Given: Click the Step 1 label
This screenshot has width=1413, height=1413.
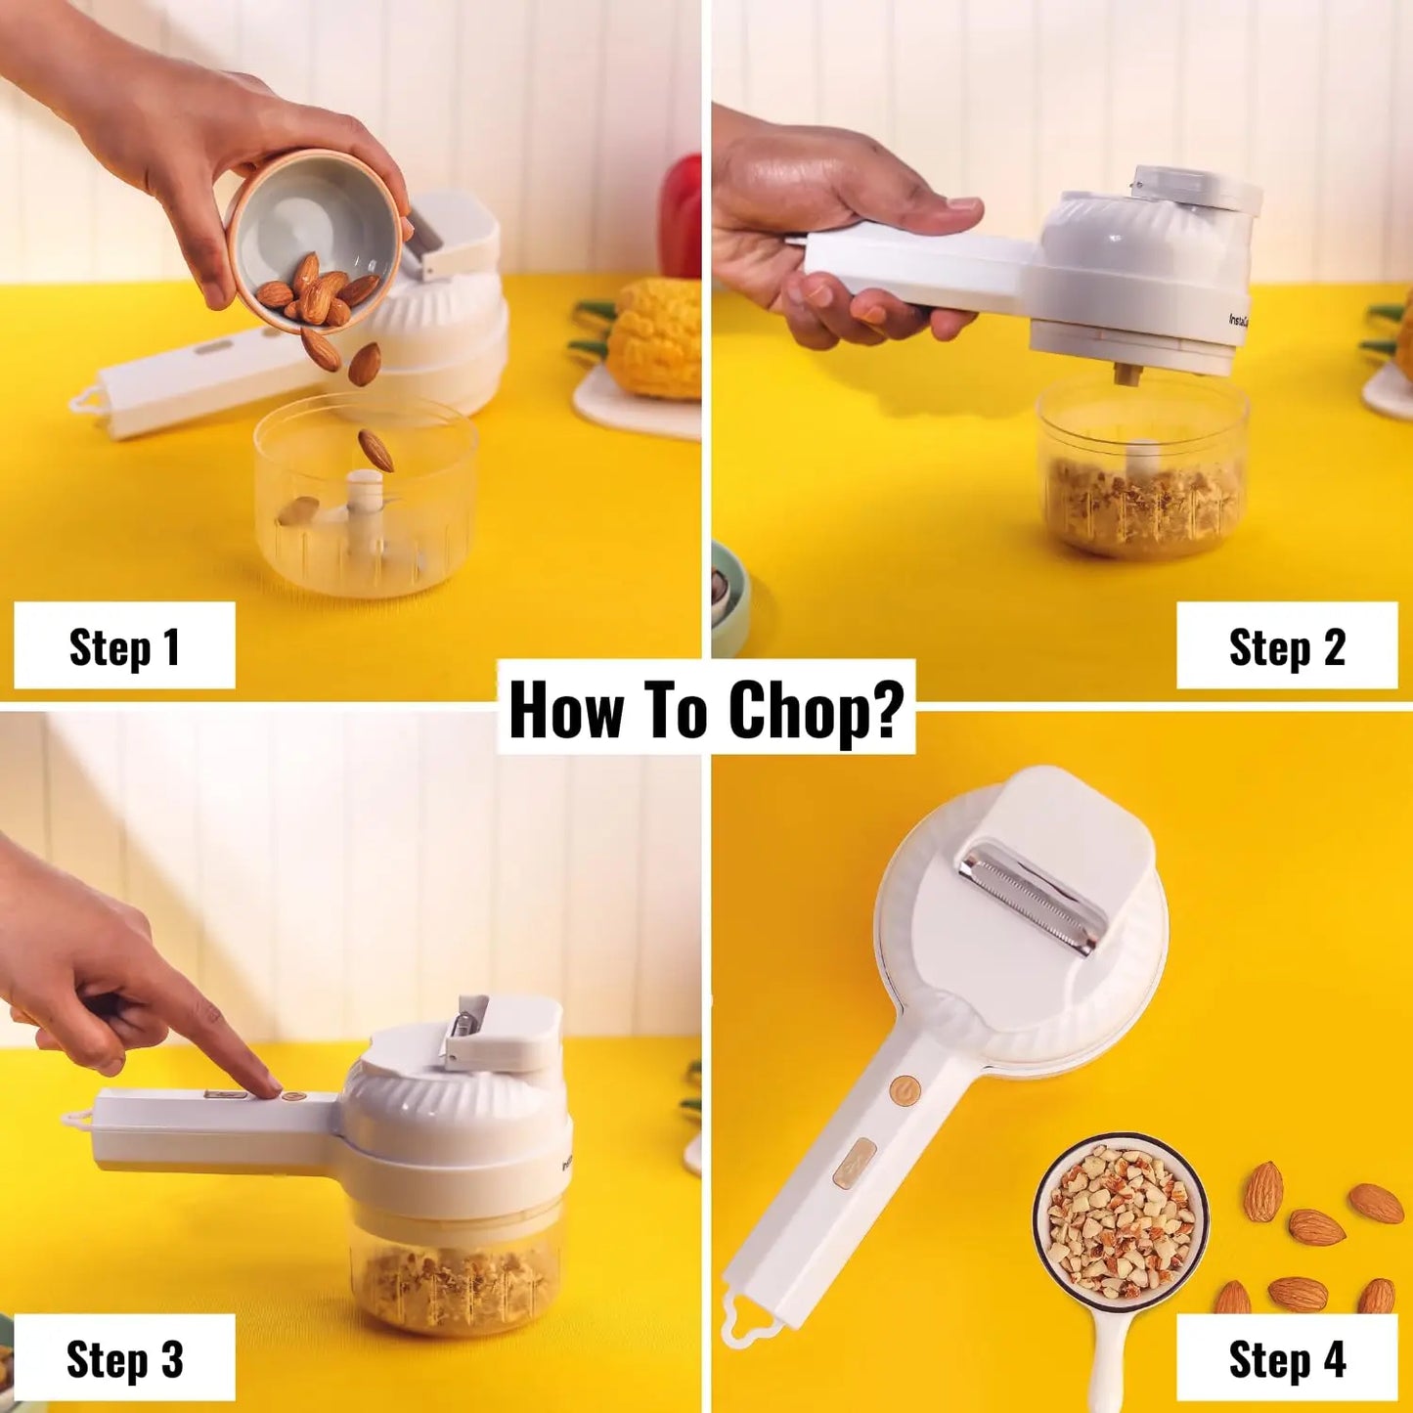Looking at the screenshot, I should pyautogui.click(x=124, y=646).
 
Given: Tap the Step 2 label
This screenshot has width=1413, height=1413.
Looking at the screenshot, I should pyautogui.click(x=1287, y=646).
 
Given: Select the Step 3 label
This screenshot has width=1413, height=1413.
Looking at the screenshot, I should pyautogui.click(x=124, y=1358).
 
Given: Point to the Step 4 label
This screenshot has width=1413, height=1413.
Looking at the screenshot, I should pyautogui.click(x=1287, y=1358).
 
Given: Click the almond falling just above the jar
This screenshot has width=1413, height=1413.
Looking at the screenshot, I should pyautogui.click(x=375, y=450).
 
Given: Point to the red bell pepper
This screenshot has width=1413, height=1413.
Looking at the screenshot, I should pyautogui.click(x=682, y=215).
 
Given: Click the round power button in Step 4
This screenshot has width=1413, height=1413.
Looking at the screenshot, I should pyautogui.click(x=905, y=1089).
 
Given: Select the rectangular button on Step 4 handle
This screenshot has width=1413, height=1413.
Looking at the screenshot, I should pyautogui.click(x=853, y=1163).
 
